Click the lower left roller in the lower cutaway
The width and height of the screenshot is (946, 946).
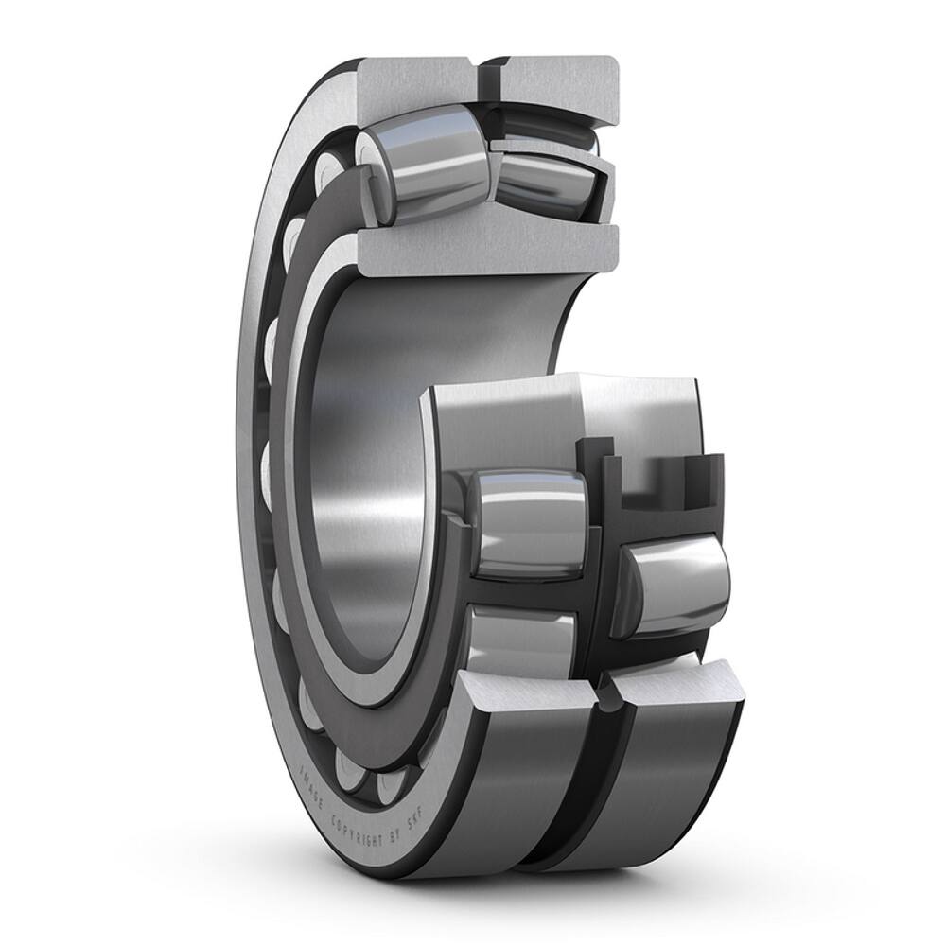point(522,643)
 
